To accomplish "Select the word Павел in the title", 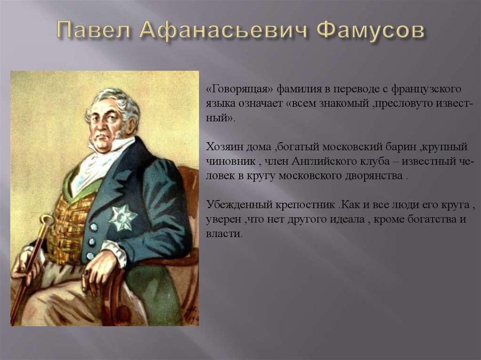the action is coord(94,32).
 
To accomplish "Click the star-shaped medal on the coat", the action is coord(122,217).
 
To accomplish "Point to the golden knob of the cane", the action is coord(47,221).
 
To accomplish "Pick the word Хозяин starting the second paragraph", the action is coord(224,147).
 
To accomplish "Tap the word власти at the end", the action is coord(224,234).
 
